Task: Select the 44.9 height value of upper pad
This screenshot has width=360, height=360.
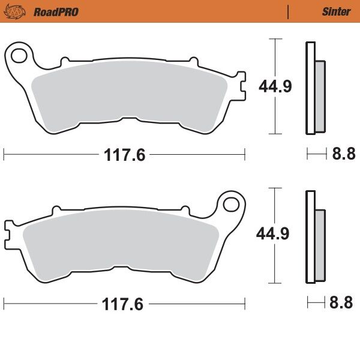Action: click(x=275, y=86)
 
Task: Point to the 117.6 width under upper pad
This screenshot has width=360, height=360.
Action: click(x=124, y=155)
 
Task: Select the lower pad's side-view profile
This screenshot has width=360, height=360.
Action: click(x=314, y=237)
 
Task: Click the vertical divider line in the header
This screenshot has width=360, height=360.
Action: click(x=289, y=11)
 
